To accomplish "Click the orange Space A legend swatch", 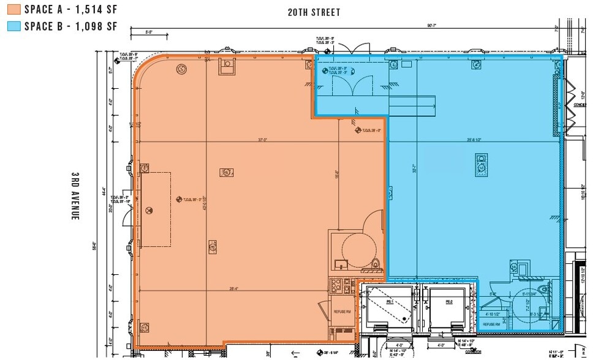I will (x=13, y=9).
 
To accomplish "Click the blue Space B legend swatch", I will (x=13, y=26).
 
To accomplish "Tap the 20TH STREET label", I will (x=314, y=12).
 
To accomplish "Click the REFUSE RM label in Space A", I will (x=341, y=312).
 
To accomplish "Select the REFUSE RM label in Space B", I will (x=491, y=324).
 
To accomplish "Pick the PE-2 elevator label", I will (x=448, y=302).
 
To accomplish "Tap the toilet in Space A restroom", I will (x=376, y=264).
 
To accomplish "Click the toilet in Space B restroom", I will (x=542, y=288).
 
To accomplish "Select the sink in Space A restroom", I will (x=341, y=264).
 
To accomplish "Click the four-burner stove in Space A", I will (x=336, y=285).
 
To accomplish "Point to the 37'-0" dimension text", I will (x=263, y=140).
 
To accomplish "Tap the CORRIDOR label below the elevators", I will (x=471, y=352).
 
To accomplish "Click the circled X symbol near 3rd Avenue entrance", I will (x=148, y=210).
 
